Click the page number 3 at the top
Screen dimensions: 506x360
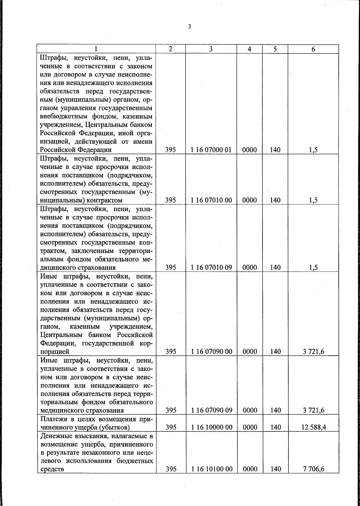point(189,27)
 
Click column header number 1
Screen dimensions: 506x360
point(96,49)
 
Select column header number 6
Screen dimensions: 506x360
point(313,49)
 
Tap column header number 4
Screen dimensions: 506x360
point(249,49)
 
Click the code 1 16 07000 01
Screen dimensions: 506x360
point(211,150)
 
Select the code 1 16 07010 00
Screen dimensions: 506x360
point(211,200)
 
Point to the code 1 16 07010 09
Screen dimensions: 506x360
point(211,267)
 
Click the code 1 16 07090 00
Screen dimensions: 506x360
point(211,351)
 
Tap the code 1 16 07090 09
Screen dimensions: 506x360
point(211,410)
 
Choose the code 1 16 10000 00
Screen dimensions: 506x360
point(211,427)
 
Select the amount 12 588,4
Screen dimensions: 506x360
point(313,427)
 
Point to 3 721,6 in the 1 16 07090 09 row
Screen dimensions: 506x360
point(313,410)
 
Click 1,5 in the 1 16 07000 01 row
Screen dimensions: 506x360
point(313,150)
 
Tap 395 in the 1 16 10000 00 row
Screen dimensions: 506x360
point(171,427)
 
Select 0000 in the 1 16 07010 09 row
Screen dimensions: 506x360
point(250,267)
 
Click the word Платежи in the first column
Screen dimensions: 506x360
point(52,419)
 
